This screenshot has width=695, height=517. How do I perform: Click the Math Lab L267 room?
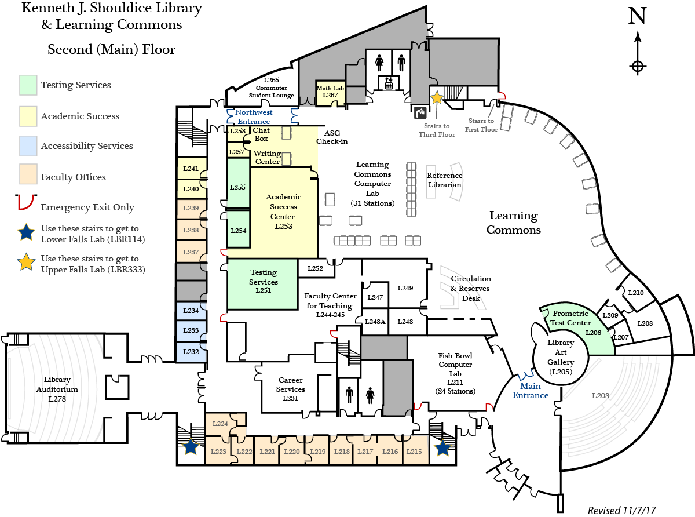[x=330, y=93]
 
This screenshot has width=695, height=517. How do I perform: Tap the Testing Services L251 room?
[x=262, y=284]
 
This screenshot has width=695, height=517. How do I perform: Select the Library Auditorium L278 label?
[x=57, y=389]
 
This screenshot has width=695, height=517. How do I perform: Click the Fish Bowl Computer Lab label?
[x=455, y=373]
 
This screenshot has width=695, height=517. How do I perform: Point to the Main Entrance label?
[x=530, y=391]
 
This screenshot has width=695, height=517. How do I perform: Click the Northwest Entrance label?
[x=254, y=116]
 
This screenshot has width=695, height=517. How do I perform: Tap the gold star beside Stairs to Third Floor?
[x=437, y=97]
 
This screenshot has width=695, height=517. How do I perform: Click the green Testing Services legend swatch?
[x=28, y=85]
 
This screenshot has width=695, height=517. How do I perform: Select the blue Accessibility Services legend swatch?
[x=28, y=146]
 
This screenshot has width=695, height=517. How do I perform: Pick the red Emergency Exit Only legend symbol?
[x=26, y=202]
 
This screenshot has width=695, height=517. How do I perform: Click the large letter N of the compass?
[x=637, y=16]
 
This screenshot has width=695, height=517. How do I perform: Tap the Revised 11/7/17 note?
[x=621, y=511]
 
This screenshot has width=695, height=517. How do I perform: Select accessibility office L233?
[x=191, y=330]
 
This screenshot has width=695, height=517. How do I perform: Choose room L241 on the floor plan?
[x=191, y=169]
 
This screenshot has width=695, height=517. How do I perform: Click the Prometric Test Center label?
[x=570, y=318]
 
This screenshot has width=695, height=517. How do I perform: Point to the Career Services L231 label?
[x=291, y=389]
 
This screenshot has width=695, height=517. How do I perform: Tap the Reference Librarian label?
[x=445, y=180]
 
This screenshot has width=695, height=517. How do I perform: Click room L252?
[x=316, y=268]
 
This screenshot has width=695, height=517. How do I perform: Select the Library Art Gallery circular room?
[x=561, y=357]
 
